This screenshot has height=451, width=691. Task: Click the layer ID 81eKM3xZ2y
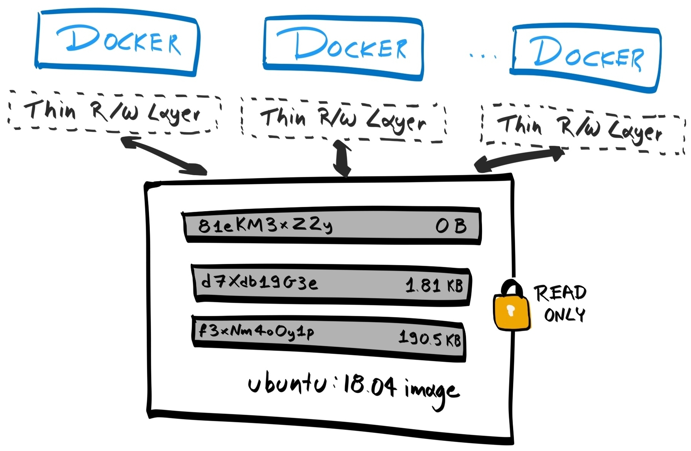click(265, 225)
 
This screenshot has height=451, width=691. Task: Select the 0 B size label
click(451, 226)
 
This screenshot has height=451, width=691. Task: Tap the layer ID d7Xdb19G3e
click(259, 282)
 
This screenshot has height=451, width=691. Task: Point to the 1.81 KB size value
click(434, 285)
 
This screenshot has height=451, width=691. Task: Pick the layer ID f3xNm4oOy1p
click(257, 331)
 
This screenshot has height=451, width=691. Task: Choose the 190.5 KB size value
click(429, 338)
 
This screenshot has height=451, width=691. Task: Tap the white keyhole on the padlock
click(511, 310)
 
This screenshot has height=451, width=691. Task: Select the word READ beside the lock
click(560, 293)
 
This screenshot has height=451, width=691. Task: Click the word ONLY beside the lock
click(564, 315)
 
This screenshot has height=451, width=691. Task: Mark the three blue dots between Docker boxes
click(483, 56)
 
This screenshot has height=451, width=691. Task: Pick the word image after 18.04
click(432, 391)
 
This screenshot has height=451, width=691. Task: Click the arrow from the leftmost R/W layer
click(163, 155)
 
